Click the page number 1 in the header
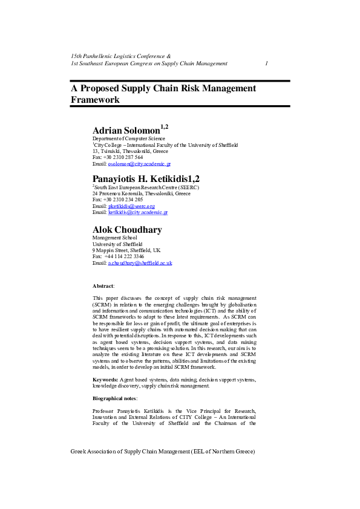(x=267, y=63)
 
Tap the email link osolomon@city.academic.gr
(x=139, y=164)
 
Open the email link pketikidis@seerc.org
(x=131, y=206)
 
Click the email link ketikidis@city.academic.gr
(x=137, y=212)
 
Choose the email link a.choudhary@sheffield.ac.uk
(x=140, y=263)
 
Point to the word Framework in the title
(x=95, y=100)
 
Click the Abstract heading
(x=103, y=285)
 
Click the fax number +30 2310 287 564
(x=123, y=157)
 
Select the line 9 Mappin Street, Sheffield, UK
(x=126, y=250)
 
